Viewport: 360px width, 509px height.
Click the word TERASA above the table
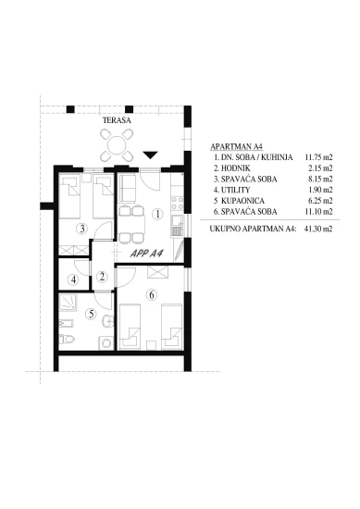click(116, 121)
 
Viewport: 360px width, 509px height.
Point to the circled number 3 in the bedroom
click(82, 229)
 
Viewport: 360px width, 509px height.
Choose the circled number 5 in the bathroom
click(91, 314)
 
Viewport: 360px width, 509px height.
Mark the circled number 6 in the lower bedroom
click(152, 296)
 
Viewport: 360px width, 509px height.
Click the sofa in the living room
click(128, 192)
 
